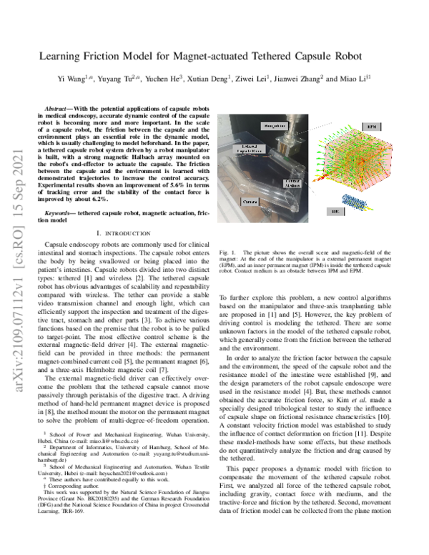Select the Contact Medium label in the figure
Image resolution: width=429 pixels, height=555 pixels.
(x=290, y=185)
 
